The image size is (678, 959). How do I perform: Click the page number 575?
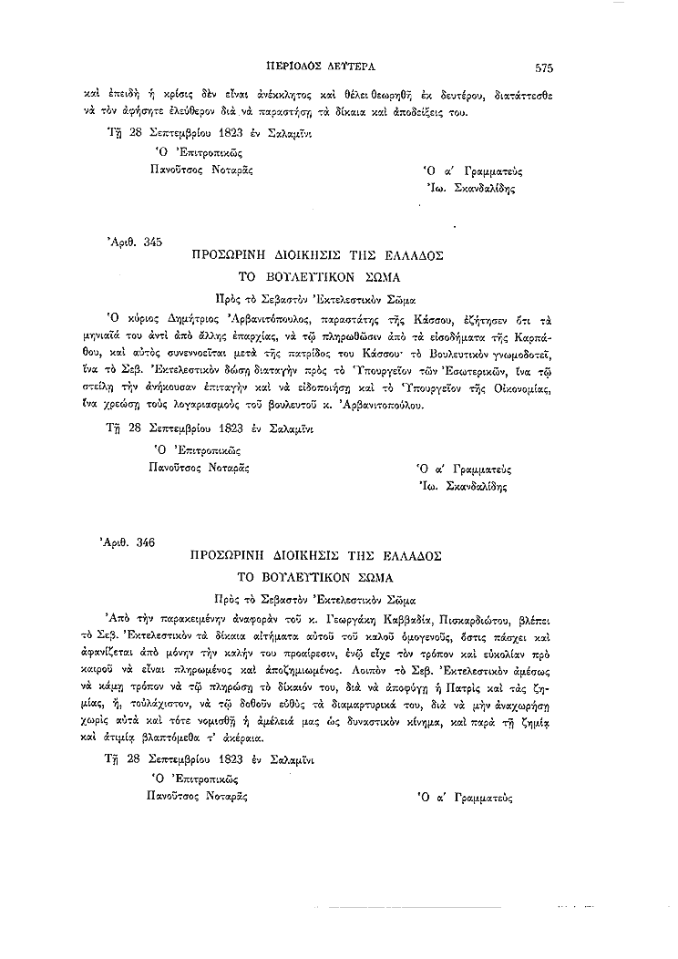click(544, 67)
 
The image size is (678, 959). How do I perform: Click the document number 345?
click(152, 242)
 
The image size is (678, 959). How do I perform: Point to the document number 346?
click(146, 542)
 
